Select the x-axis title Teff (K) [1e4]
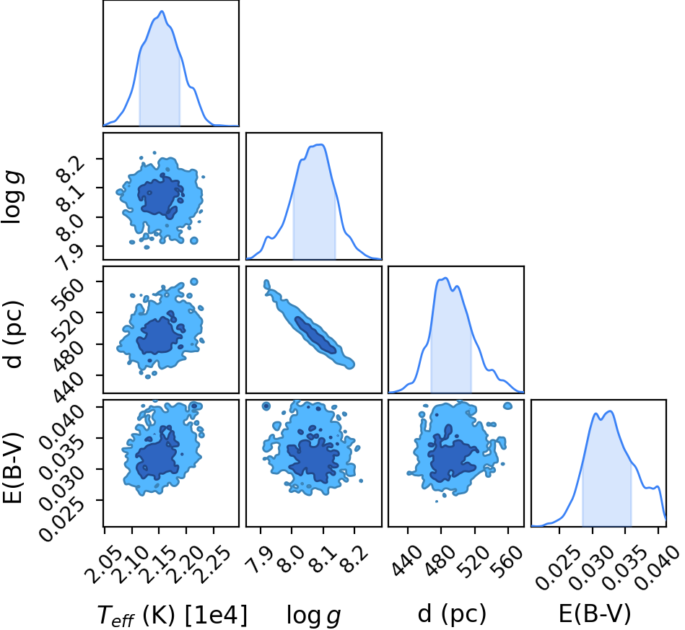pos(172,615)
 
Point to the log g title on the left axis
pos(12,197)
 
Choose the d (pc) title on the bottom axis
pos(452,615)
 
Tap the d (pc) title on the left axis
pos(12,334)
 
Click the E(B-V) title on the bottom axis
pos(595,614)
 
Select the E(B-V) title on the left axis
pos(12,468)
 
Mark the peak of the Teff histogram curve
pos(162,12)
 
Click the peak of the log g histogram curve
pos(321,144)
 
